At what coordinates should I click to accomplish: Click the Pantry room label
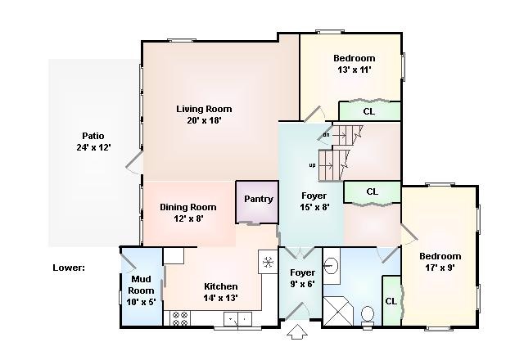click(259, 200)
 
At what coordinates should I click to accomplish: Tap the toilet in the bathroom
click(368, 316)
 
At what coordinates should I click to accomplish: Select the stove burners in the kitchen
click(180, 318)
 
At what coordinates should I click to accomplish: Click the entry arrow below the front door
click(297, 331)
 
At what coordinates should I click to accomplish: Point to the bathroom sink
click(331, 266)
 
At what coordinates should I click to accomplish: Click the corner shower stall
click(337, 311)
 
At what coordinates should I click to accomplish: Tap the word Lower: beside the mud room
click(69, 268)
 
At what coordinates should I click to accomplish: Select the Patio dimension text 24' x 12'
click(93, 147)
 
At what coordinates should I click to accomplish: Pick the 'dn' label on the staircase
click(326, 135)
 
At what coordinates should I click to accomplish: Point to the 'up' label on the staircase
click(312, 165)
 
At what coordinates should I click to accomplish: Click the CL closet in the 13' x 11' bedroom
click(369, 111)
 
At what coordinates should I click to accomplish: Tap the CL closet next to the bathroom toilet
click(391, 301)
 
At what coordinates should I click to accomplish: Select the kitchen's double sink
click(237, 318)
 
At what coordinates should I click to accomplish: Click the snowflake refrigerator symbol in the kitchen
click(268, 263)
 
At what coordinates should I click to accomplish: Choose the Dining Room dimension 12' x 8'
click(188, 218)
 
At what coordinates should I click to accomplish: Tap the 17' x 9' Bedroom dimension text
click(440, 268)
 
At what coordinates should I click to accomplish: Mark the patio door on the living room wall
click(134, 162)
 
